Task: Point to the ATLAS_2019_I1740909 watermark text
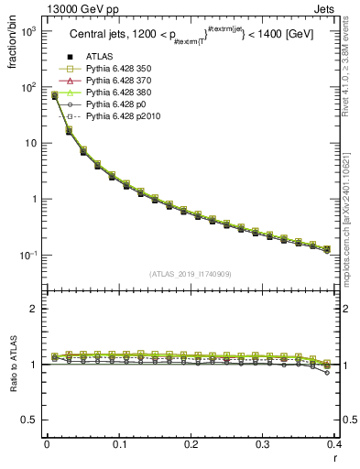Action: point(190,274)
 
